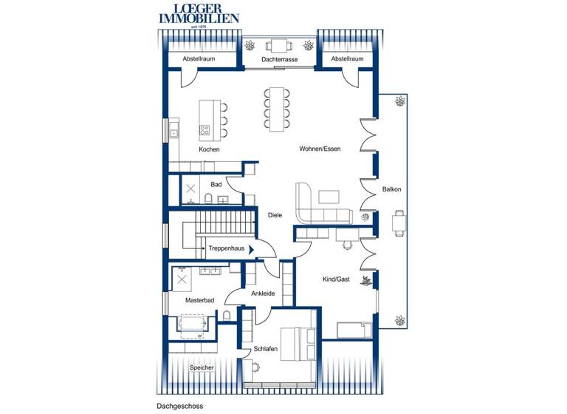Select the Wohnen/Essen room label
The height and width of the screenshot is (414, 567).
pos(320,149)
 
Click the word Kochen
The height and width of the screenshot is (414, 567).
pos(209,149)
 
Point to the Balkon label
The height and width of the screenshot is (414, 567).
pos(391,190)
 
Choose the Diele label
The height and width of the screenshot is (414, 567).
pos(275,216)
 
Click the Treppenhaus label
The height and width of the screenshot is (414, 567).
pos(227,249)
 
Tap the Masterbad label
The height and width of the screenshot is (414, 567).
pos(199,301)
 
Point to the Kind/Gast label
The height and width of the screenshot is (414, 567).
pos(336,279)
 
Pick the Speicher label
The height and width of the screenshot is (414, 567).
pos(202,367)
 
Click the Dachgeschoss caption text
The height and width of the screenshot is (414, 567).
pos(179,406)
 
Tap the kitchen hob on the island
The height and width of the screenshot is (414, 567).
pos(205,130)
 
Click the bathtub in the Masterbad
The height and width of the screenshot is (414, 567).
pos(193,324)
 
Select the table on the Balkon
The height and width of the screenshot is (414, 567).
pos(399,222)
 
